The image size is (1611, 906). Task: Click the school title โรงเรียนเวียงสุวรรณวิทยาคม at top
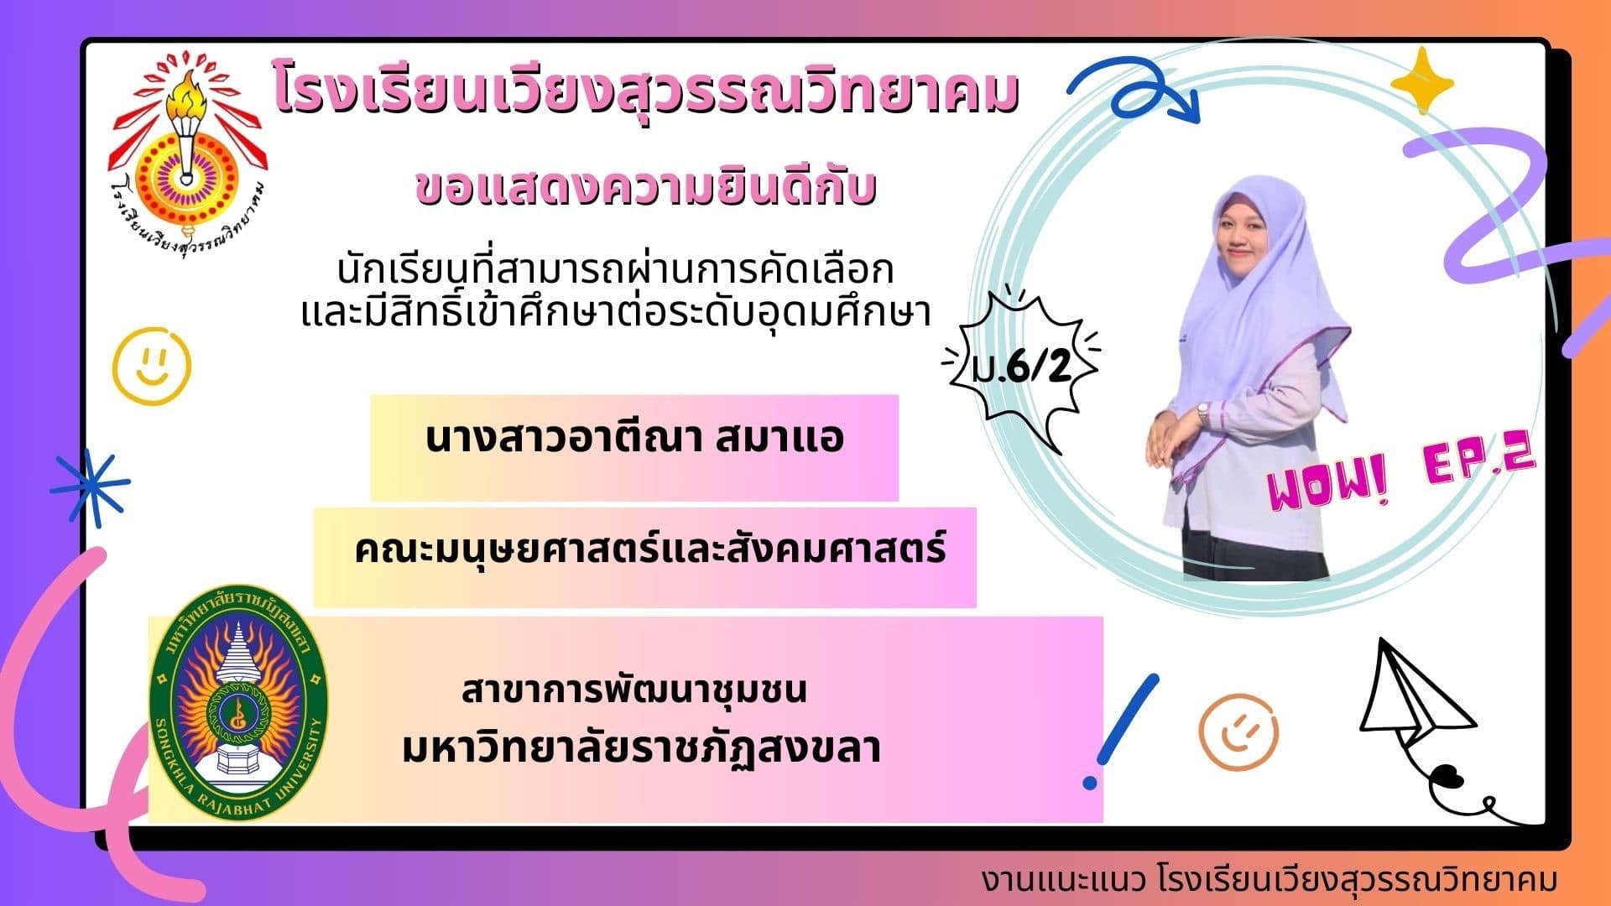point(646,94)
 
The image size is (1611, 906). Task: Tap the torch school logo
point(190,159)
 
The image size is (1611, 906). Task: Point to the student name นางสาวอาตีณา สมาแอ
point(634,439)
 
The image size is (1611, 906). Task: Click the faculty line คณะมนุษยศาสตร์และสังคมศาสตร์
point(650,550)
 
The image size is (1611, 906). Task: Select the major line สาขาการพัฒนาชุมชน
point(634,690)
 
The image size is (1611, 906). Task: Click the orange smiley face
point(1238,732)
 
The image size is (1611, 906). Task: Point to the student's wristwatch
point(1204,412)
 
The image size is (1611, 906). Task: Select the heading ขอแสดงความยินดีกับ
point(646,188)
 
